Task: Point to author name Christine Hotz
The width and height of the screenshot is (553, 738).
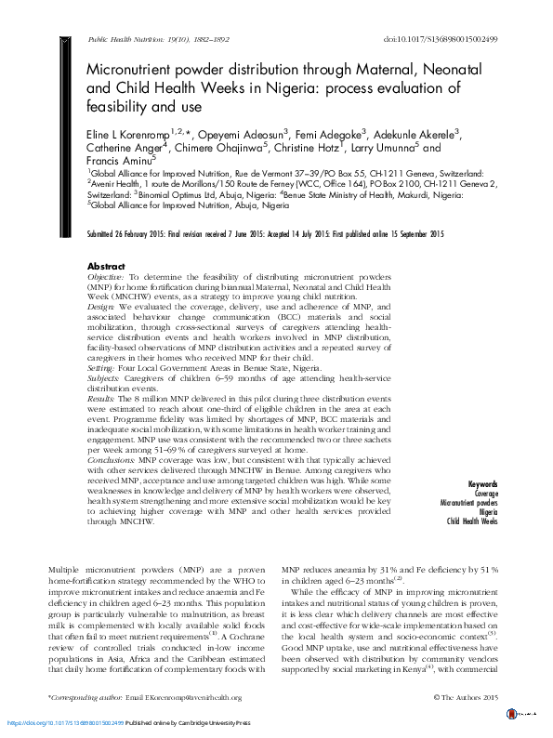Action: (312, 147)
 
